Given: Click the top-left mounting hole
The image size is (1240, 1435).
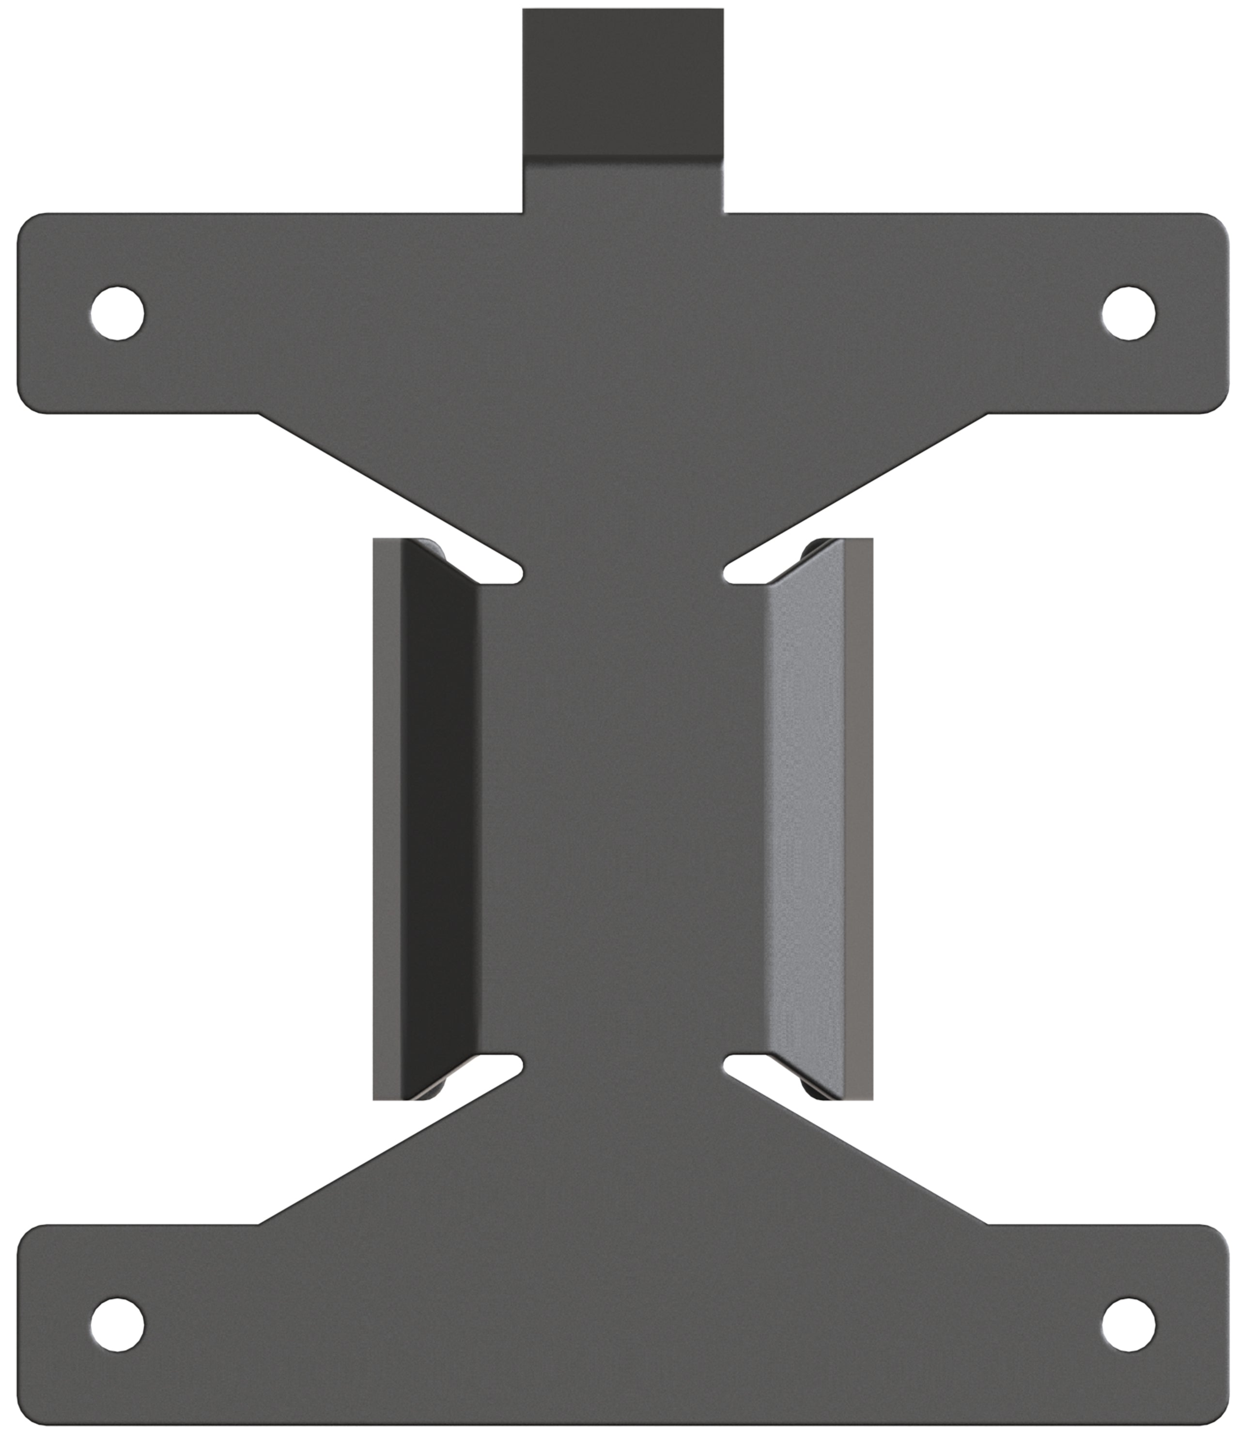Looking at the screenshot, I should [117, 313].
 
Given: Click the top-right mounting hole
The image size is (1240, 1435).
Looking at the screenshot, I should [1129, 313].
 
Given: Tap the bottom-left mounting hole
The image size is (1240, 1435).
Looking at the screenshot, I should [117, 1324].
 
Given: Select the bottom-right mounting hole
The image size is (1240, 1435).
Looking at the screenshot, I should [1129, 1324].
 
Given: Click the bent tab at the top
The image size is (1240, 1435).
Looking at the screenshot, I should [622, 83].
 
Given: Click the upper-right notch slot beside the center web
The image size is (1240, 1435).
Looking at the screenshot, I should [748, 574].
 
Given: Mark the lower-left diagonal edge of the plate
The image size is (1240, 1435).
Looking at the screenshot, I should [387, 1150].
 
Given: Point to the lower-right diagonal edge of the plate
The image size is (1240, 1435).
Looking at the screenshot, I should [858, 1150].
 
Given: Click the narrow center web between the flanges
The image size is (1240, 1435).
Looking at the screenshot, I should [622, 817].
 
